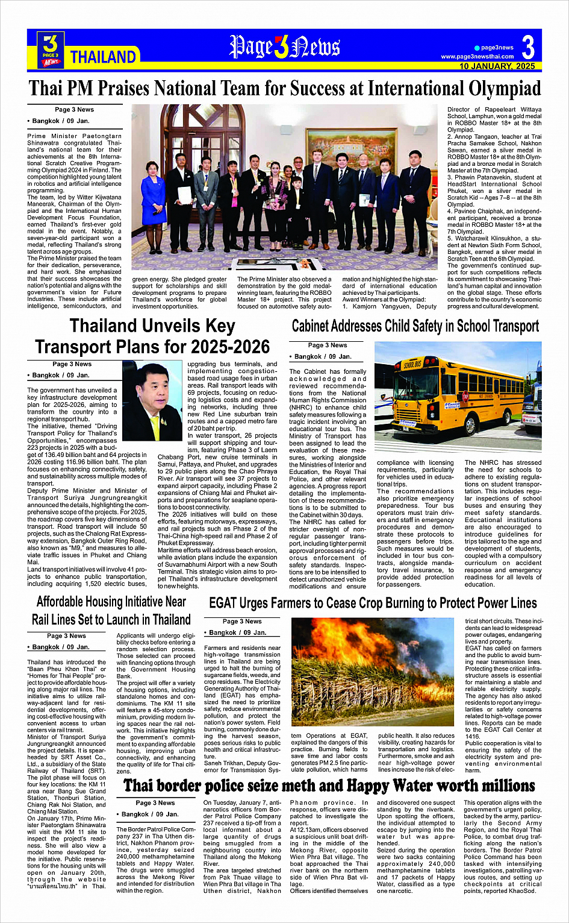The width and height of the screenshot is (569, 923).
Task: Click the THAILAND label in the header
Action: (104, 57)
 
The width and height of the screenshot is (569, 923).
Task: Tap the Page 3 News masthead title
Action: (284, 47)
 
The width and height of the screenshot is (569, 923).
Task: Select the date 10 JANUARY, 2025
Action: (497, 66)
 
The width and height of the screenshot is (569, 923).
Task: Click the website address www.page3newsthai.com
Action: (477, 57)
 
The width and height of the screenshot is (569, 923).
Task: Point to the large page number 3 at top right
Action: (528, 47)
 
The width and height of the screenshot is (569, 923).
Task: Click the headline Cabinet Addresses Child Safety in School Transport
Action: (415, 326)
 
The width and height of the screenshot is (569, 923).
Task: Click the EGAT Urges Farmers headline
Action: (373, 603)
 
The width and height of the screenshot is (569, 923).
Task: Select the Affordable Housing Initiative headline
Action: (111, 610)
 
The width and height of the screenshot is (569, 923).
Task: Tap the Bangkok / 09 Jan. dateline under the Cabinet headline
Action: (323, 356)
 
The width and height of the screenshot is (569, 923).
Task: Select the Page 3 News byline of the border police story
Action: (155, 802)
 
